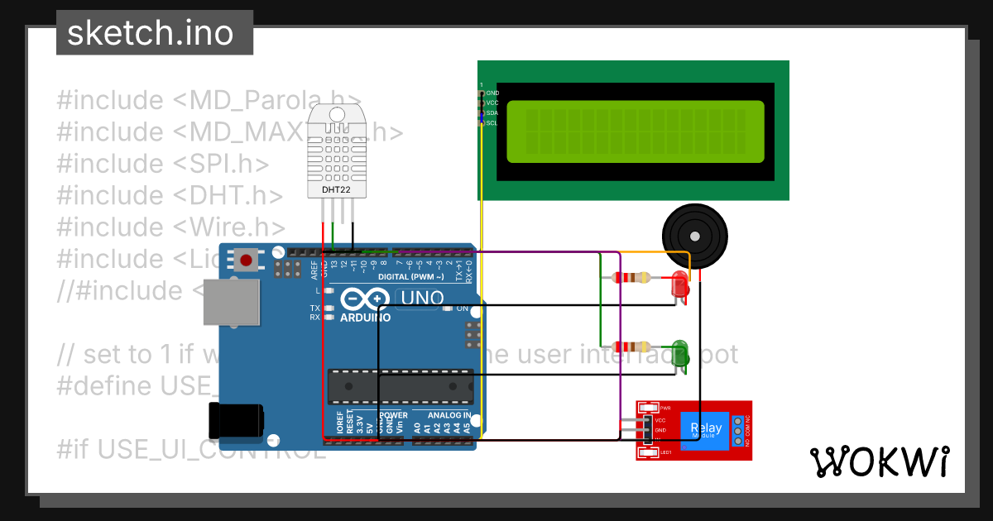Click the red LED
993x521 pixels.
[680, 284]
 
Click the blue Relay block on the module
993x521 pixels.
[706, 428]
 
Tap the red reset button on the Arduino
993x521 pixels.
[246, 260]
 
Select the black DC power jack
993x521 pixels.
[235, 421]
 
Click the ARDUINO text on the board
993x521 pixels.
[365, 318]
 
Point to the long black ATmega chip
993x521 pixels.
[401, 385]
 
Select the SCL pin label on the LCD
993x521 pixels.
[492, 123]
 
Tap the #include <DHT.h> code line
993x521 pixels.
[170, 196]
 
